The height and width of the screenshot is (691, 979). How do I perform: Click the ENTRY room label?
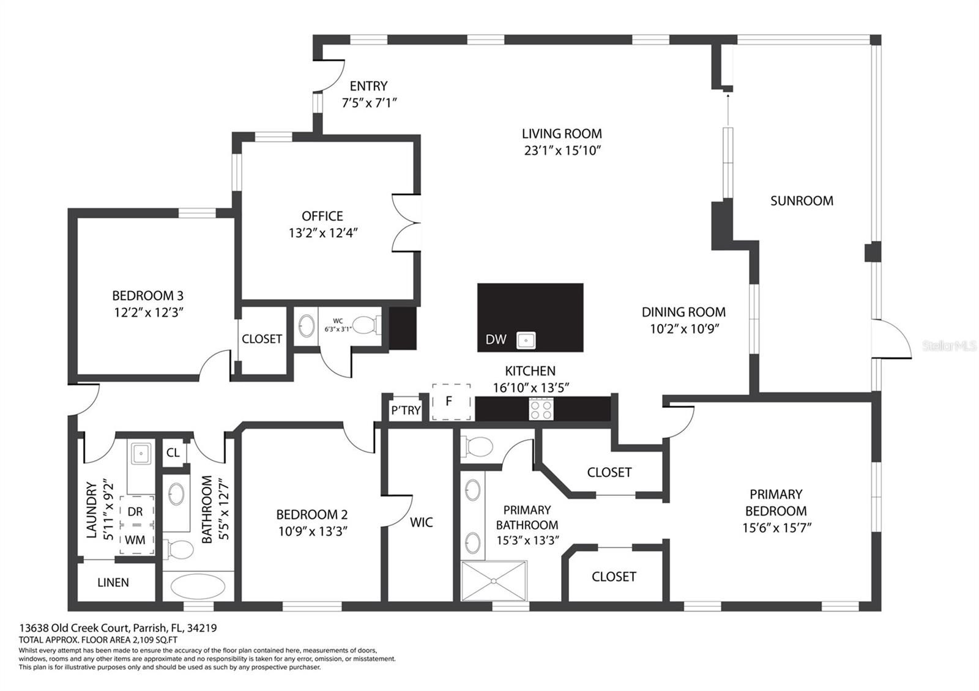point(368,86)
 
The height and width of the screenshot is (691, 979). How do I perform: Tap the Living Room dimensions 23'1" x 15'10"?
point(562,150)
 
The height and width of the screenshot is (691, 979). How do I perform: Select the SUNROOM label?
point(802,201)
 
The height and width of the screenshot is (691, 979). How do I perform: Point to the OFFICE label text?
point(322,216)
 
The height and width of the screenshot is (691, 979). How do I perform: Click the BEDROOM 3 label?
point(147,296)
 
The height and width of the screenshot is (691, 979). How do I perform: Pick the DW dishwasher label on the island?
point(496,339)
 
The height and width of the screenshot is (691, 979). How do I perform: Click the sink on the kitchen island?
point(526,340)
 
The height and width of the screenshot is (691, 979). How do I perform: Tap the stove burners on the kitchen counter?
point(541,409)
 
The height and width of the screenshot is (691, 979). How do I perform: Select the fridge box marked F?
point(452,402)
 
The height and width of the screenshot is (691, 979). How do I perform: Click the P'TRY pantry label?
point(406,410)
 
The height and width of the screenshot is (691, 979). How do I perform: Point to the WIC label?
point(422,522)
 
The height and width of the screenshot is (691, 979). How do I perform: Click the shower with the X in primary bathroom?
point(494,581)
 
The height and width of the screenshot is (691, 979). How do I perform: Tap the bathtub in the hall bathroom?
point(198,586)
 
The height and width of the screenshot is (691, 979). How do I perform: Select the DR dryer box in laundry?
point(136,511)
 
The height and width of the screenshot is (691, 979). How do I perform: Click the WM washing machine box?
point(136,540)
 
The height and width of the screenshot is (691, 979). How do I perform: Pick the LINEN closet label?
point(113,583)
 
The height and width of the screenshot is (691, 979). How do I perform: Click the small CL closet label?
point(173,453)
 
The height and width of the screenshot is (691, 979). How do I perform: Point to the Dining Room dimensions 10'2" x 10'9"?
point(685,329)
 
